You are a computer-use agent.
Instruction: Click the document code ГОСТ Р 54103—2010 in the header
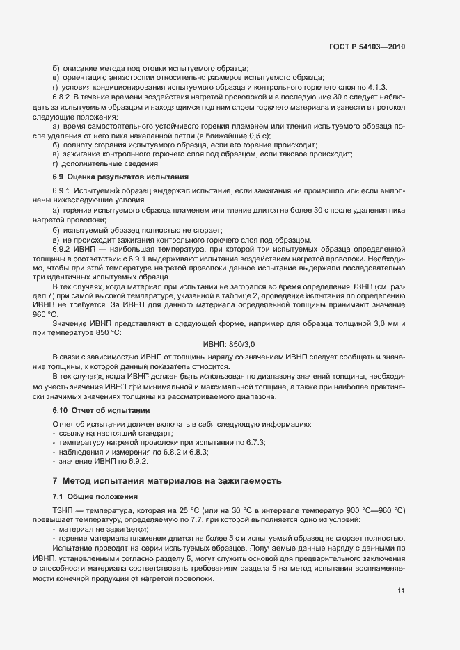click(367, 47)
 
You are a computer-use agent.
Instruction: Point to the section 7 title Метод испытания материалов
click(168, 480)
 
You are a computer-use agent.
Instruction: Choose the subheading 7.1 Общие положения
click(93, 496)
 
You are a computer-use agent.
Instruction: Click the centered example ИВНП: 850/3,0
click(230, 344)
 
